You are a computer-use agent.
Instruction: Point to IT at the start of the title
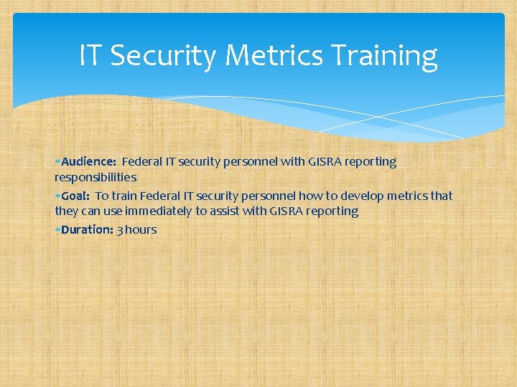(90, 55)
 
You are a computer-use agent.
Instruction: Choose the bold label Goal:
(75, 196)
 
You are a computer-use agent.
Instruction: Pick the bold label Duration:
(87, 230)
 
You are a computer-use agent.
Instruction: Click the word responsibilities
(96, 177)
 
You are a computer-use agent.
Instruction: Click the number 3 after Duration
(119, 230)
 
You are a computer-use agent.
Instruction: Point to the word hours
(141, 230)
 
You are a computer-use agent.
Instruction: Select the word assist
(220, 211)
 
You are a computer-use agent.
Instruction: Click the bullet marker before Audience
(57, 162)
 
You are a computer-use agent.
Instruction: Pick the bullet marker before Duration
(57, 230)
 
